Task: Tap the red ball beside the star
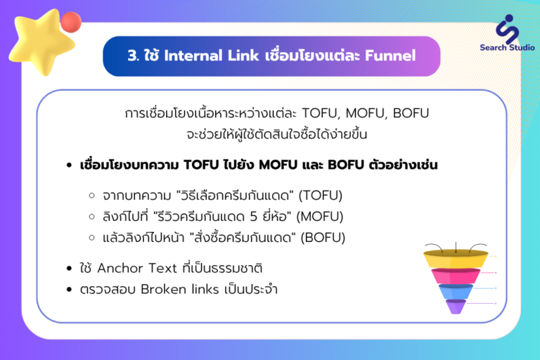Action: (x=71, y=22)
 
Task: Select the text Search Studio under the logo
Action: (x=507, y=48)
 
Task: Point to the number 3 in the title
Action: (x=132, y=56)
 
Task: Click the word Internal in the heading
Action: (x=193, y=56)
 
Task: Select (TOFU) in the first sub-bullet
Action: (x=321, y=195)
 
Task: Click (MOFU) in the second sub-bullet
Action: (x=320, y=217)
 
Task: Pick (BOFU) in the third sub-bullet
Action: (x=323, y=238)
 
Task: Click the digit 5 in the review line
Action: (x=253, y=217)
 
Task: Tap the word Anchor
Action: (x=120, y=268)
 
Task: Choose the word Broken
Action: (x=163, y=289)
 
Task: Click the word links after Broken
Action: (x=205, y=289)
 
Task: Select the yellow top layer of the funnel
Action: (x=456, y=258)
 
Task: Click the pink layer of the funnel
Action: (x=456, y=276)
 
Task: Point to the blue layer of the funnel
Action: (x=456, y=291)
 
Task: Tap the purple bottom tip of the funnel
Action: (x=456, y=307)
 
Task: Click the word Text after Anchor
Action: (x=162, y=268)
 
